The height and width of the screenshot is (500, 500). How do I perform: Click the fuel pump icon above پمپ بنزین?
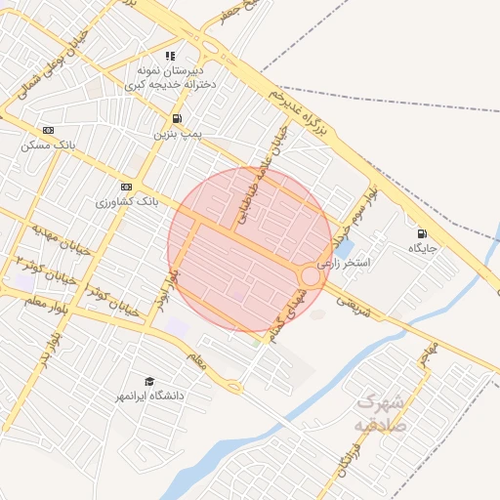(176, 118)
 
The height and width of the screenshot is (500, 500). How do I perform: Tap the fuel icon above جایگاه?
(422, 233)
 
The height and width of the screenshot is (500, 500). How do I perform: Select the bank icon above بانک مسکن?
(49, 130)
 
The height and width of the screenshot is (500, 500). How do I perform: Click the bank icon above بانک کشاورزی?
(126, 187)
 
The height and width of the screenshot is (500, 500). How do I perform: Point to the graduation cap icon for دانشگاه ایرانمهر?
(148, 381)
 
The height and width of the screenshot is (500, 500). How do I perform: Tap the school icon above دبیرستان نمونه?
(171, 57)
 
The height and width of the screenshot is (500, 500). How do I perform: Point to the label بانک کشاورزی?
(126, 201)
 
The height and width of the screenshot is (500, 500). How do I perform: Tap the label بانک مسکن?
(48, 145)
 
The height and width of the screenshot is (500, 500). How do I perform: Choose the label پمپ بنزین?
(176, 133)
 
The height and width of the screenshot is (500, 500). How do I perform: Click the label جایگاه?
(425, 249)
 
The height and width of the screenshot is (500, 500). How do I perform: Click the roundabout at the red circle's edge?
(311, 275)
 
